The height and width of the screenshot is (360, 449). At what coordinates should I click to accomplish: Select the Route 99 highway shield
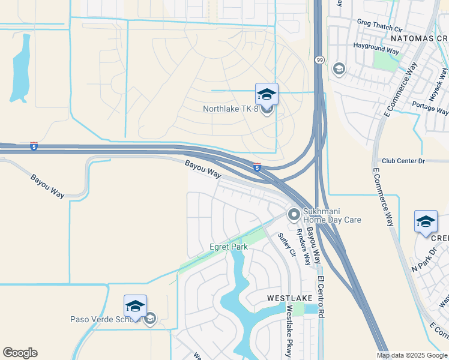(319, 60)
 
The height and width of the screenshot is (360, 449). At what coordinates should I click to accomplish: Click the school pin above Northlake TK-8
(267, 94)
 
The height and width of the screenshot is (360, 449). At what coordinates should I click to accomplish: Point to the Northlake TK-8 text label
(231, 109)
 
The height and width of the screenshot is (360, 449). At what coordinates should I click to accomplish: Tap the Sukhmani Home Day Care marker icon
(294, 214)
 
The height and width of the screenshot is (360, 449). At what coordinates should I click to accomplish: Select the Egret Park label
(228, 247)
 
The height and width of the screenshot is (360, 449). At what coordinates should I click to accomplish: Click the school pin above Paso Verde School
(135, 306)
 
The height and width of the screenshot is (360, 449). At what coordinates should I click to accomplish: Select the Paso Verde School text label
(106, 319)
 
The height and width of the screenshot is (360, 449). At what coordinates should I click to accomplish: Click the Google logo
(20, 353)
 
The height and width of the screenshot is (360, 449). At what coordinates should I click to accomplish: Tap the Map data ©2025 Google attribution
(411, 355)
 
